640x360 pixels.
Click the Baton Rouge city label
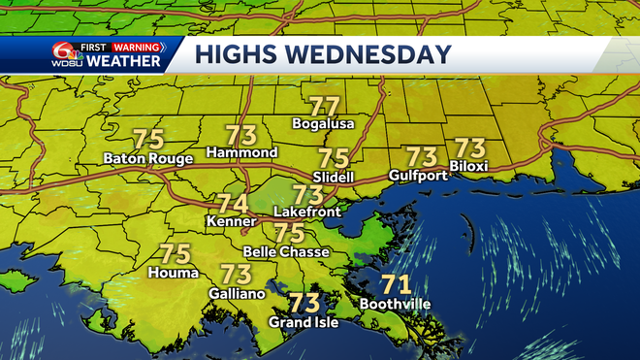(x=148, y=158)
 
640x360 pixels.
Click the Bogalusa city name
(x=324, y=124)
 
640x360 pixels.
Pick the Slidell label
(x=334, y=177)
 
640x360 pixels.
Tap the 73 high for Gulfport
(x=421, y=156)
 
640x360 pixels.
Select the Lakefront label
(x=305, y=210)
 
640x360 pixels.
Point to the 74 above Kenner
(x=232, y=205)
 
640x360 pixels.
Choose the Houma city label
(x=173, y=273)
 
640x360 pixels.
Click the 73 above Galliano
(x=236, y=275)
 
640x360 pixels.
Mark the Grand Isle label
(x=304, y=322)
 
